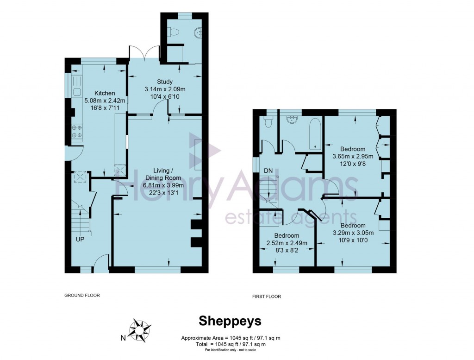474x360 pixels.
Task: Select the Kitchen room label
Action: pyautogui.click(x=104, y=93)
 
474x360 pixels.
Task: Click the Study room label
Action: pyautogui.click(x=164, y=82)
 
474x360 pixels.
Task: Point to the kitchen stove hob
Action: pyautogui.click(x=77, y=131)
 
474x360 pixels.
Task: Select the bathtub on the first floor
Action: pyautogui.click(x=315, y=134)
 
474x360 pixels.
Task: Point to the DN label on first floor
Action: pyautogui.click(x=268, y=171)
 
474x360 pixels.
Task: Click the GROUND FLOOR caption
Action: pyautogui.click(x=82, y=295)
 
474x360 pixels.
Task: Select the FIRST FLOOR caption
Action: pyautogui.click(x=267, y=297)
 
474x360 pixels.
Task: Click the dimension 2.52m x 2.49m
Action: pyautogui.click(x=287, y=243)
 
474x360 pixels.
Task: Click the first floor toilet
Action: pyautogui.click(x=268, y=122)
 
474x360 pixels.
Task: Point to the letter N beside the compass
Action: pyautogui.click(x=123, y=338)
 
